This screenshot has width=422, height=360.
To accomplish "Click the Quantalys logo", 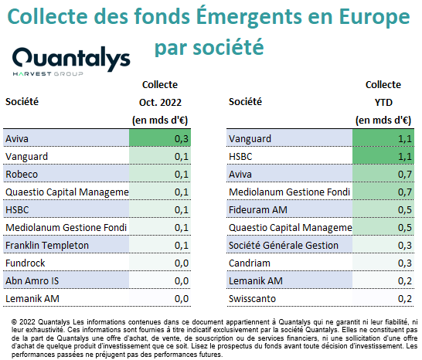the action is [x=71, y=61].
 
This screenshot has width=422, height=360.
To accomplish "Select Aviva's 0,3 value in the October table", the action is [x=182, y=139].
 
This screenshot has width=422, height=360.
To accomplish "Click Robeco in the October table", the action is [x=22, y=175].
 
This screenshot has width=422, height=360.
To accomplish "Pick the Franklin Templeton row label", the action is [x=47, y=246].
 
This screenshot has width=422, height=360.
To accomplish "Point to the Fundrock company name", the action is [x=26, y=263].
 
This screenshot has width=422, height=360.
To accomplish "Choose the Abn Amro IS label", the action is [x=32, y=281].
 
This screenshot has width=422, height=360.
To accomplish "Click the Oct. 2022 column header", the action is [x=160, y=103].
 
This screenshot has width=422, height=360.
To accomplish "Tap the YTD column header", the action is [x=383, y=103].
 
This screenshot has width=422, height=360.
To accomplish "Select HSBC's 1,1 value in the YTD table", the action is [x=405, y=157].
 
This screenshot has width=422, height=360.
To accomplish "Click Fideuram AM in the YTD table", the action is [x=258, y=210].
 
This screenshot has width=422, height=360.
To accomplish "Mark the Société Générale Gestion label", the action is [x=284, y=246].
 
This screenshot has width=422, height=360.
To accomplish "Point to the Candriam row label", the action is [x=250, y=263].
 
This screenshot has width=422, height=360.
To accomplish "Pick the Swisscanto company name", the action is [x=252, y=299].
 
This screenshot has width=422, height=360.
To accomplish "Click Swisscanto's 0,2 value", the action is [x=405, y=299].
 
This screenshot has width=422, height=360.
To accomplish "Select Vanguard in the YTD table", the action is [x=250, y=139].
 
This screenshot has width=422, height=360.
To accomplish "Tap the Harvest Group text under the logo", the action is [x=48, y=73].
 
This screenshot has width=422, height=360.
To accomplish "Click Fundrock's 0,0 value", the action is [x=182, y=263].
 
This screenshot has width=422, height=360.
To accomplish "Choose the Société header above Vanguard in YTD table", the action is [x=245, y=102].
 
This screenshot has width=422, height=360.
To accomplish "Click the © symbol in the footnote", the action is [x=14, y=322].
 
